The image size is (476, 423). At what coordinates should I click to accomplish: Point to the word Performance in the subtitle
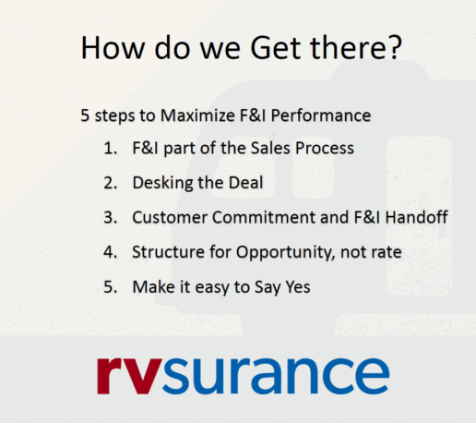[x=323, y=115]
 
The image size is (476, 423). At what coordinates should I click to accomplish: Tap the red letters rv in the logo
[x=125, y=373]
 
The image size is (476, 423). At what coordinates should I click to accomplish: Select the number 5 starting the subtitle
[x=85, y=115]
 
